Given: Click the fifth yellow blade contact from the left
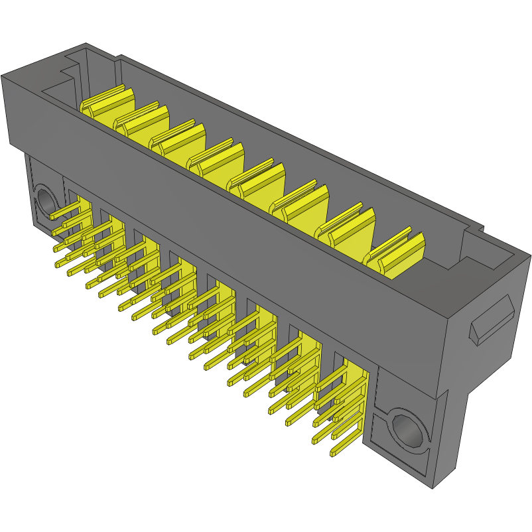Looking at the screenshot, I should pyautogui.click(x=254, y=179).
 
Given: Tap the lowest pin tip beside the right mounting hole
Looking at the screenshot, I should pyautogui.click(x=332, y=455).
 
